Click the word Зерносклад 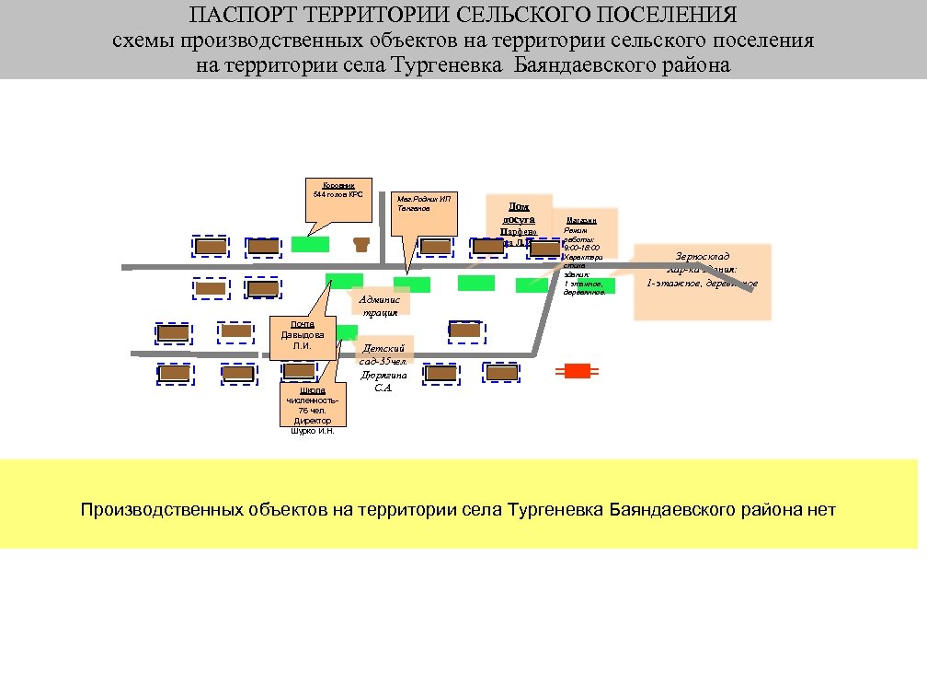coord(702,256)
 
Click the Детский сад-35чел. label coord(384,355)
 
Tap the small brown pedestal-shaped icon coord(361,244)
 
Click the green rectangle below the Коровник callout coord(310,244)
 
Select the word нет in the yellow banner coord(818,509)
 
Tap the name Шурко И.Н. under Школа coord(313,430)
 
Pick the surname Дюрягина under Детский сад coord(384,376)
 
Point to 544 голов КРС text coord(338,195)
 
